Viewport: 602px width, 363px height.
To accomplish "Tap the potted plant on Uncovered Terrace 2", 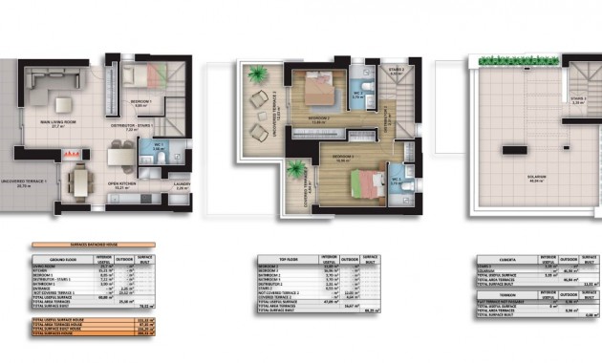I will (x=255, y=73).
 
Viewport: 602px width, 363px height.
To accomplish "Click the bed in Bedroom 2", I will (x=317, y=91).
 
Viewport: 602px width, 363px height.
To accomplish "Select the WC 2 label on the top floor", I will (x=359, y=95).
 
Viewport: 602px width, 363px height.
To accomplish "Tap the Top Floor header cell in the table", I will (x=274, y=257).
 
